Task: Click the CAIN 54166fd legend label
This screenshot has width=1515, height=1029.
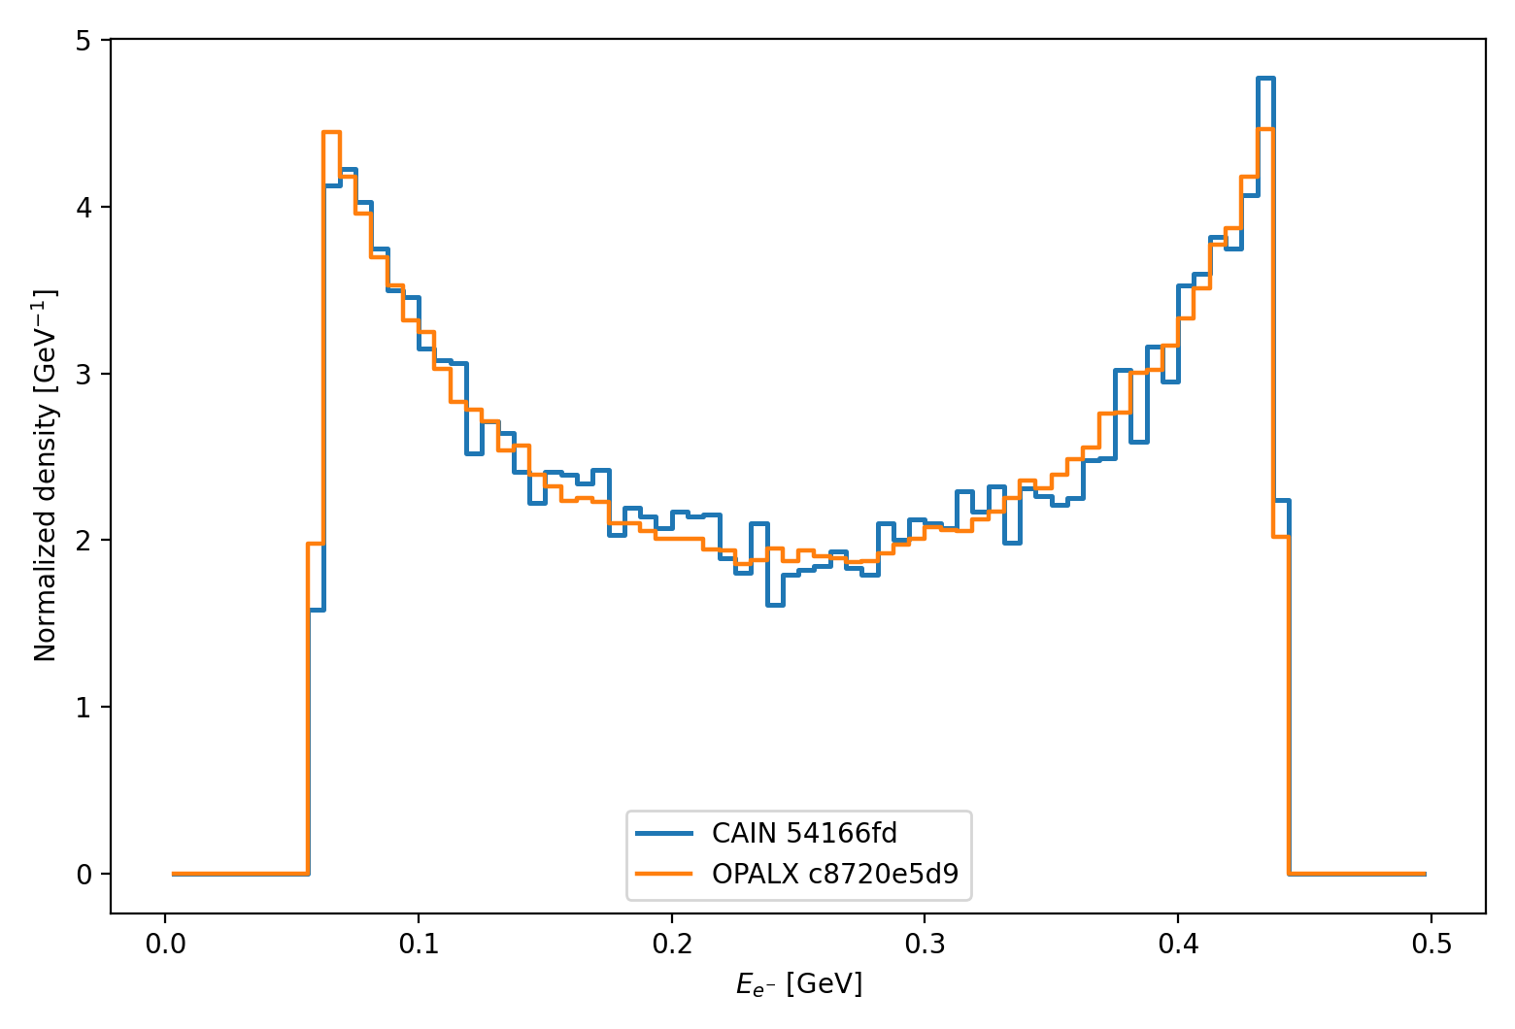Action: click(804, 833)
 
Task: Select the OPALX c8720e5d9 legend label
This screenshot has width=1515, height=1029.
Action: click(835, 874)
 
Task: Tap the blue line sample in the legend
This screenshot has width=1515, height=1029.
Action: click(664, 833)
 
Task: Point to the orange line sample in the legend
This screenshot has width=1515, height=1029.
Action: click(664, 874)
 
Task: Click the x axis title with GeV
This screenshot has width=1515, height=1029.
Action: click(798, 984)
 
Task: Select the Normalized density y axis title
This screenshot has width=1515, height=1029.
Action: click(46, 476)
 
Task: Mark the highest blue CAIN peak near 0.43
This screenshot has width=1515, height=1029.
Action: click(1265, 78)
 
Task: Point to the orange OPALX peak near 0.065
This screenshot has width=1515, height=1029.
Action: click(331, 132)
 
